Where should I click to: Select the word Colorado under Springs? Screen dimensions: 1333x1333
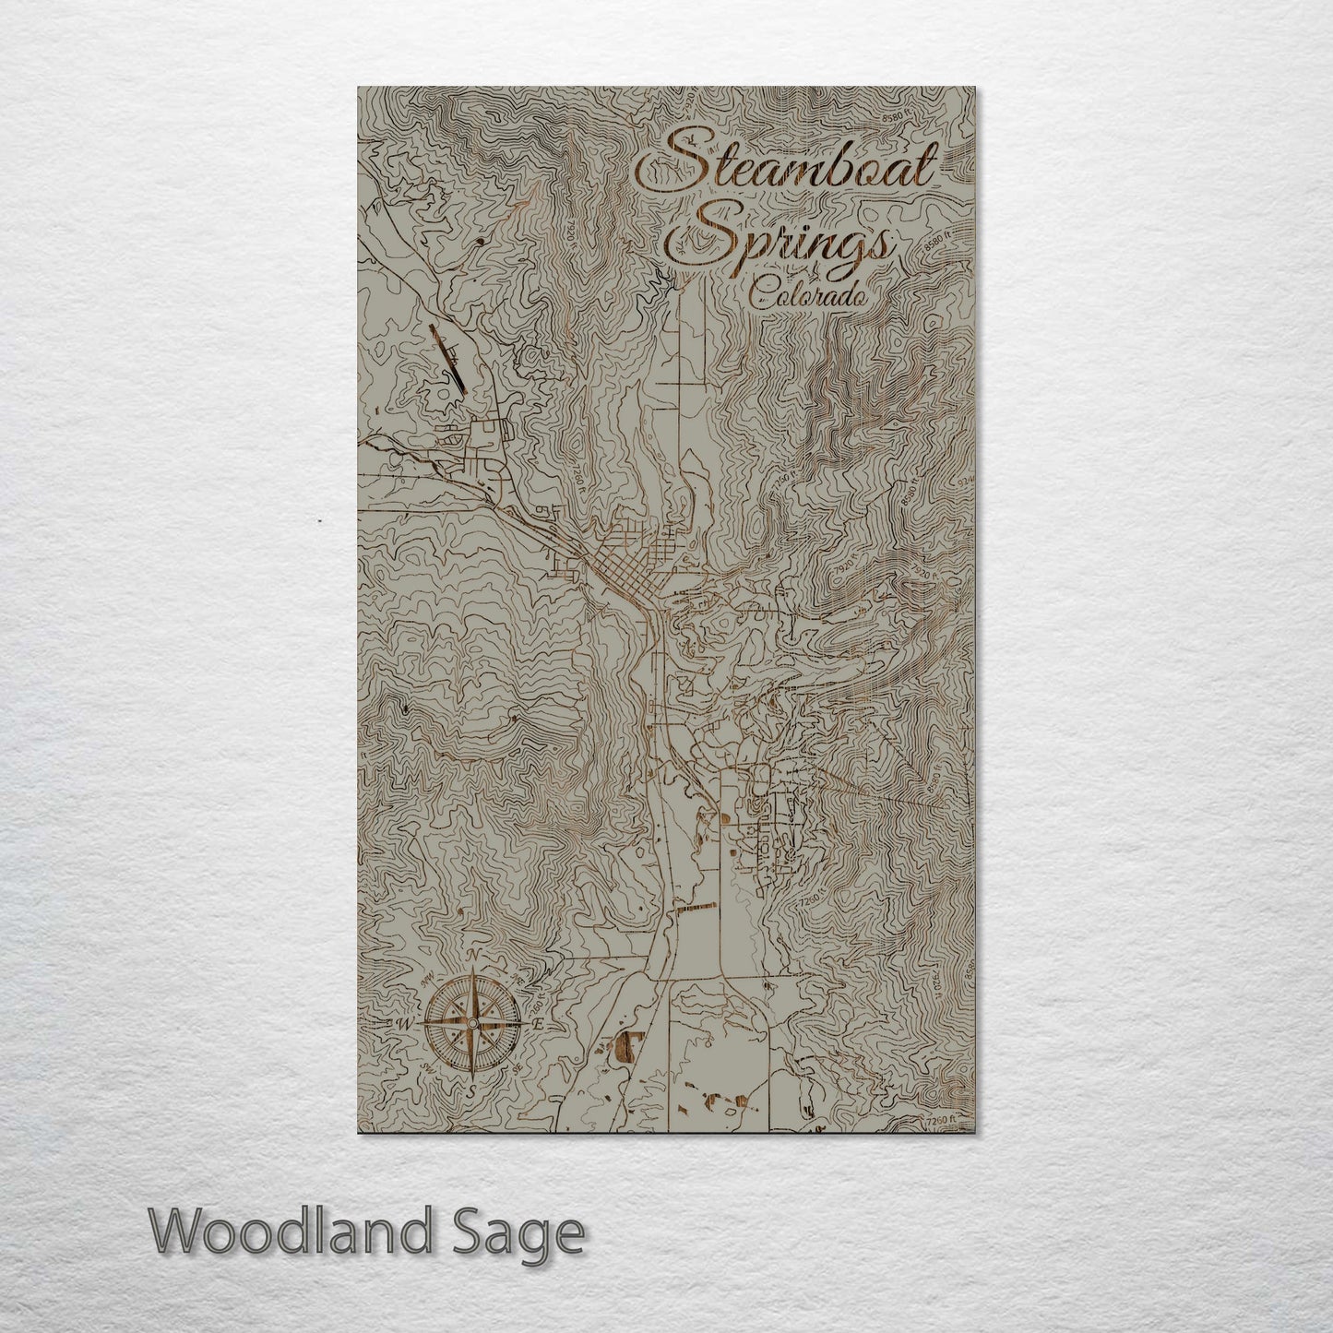[807, 295]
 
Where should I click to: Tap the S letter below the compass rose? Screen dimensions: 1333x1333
[472, 1089]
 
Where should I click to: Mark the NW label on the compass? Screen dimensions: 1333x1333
[426, 981]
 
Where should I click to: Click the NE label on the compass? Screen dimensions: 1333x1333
[517, 978]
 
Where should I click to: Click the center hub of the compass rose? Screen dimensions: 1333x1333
[472, 1023]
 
